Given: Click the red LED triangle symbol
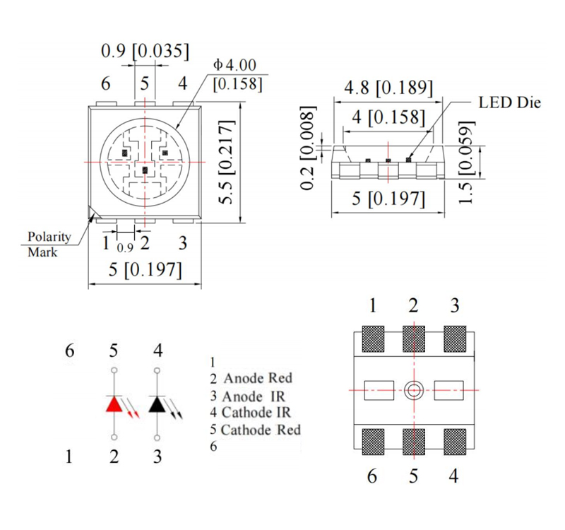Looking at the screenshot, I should (114, 404).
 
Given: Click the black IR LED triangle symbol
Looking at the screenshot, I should (157, 404).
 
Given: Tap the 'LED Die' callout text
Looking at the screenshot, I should (509, 102).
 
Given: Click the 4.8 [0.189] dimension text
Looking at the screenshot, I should (388, 88).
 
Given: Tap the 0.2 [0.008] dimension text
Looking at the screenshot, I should (308, 148).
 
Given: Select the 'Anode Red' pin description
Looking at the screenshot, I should (257, 378).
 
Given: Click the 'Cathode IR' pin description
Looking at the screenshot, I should (256, 412).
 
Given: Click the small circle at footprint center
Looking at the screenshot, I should (413, 389).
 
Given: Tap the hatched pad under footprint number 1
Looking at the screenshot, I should (372, 339).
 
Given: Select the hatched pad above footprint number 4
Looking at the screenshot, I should (455, 442).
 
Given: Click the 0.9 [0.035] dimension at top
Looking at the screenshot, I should (145, 51).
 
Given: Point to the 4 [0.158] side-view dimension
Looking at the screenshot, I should (388, 117).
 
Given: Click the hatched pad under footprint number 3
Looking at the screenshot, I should (455, 339).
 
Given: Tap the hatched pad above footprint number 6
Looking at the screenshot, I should (372, 442).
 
